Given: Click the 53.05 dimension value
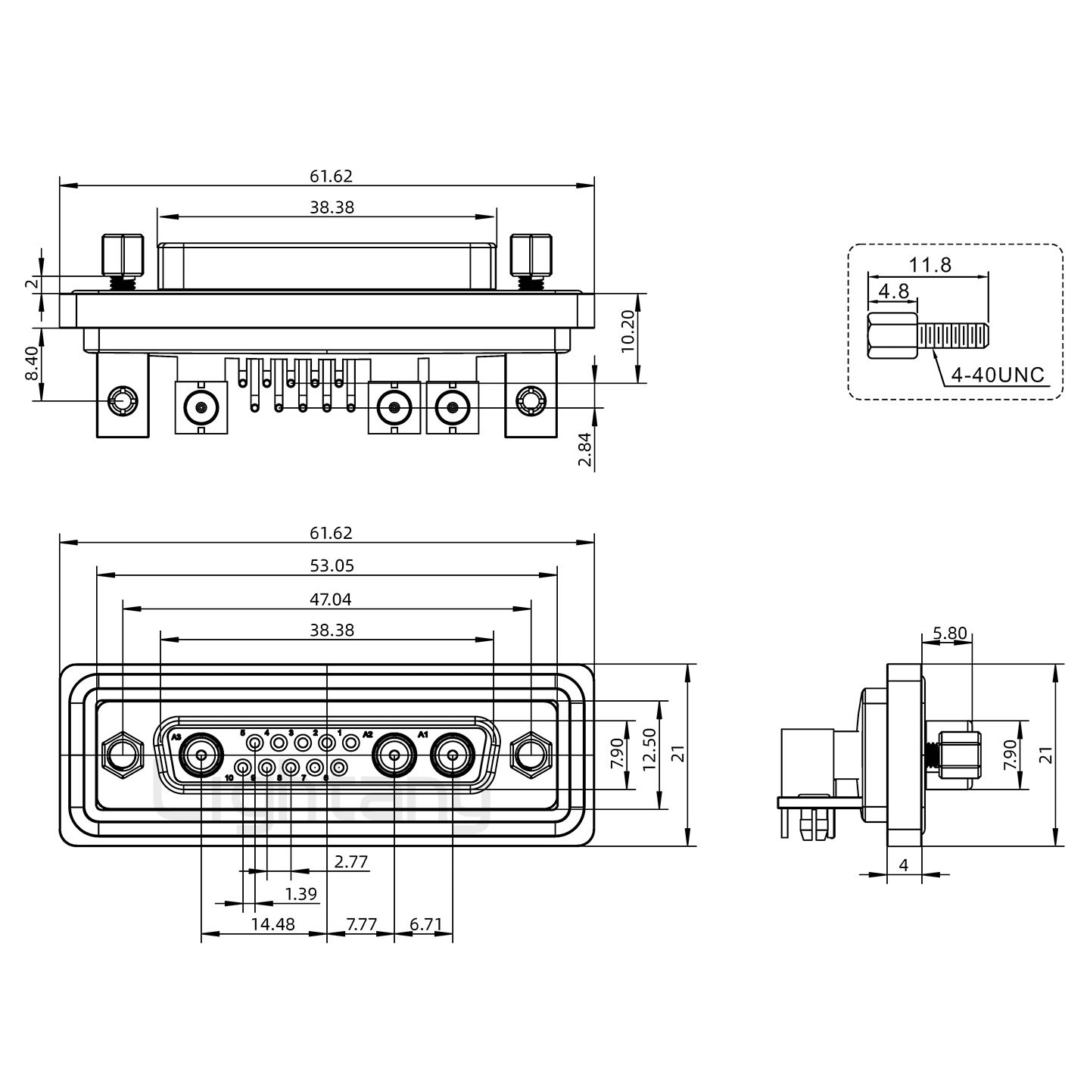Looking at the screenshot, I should [x=332, y=565].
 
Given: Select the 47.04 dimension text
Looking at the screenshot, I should [x=332, y=599].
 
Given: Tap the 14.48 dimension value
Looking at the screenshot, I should [x=273, y=924].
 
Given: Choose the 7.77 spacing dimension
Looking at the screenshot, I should [x=361, y=924].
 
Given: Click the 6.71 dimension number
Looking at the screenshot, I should [x=425, y=924].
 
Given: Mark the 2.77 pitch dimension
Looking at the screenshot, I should [x=351, y=861].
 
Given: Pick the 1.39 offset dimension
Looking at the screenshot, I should [x=301, y=894].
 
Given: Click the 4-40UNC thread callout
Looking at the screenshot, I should [x=998, y=375].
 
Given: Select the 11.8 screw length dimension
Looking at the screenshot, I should [x=930, y=265].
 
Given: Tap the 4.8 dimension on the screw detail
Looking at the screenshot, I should [x=893, y=291].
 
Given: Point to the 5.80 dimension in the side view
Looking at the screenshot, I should [x=949, y=633].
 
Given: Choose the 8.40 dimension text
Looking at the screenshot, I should [x=32, y=364].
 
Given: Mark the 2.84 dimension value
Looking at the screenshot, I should [x=584, y=451].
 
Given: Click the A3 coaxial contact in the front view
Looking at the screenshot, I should [x=201, y=755].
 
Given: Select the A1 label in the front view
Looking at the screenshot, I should [x=423, y=734].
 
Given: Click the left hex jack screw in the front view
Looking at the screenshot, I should [x=121, y=755].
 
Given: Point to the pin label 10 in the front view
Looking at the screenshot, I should [x=229, y=778].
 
